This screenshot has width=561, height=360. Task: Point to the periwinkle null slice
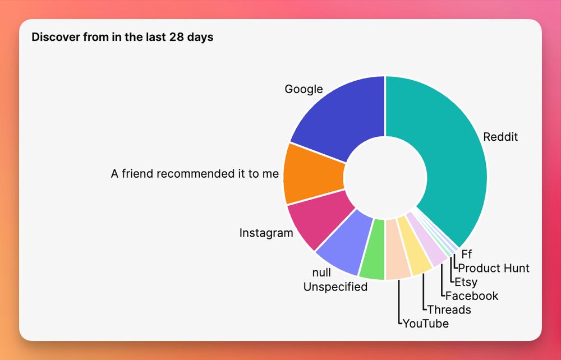click(343, 243)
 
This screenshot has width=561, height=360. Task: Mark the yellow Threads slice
click(413, 246)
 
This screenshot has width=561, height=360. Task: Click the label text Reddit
click(500, 137)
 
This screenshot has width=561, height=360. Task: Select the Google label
click(304, 89)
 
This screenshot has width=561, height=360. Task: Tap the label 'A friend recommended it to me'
click(195, 174)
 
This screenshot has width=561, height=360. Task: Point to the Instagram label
click(266, 233)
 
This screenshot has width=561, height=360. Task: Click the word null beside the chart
click(321, 273)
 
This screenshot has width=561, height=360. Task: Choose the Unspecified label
click(335, 287)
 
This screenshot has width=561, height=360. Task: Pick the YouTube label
click(426, 324)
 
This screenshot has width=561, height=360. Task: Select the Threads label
click(449, 310)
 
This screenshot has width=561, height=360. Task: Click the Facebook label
click(472, 296)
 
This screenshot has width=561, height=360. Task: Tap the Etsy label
click(466, 283)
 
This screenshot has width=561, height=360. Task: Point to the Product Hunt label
click(494, 268)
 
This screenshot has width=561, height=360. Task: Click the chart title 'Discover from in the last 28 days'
click(122, 37)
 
